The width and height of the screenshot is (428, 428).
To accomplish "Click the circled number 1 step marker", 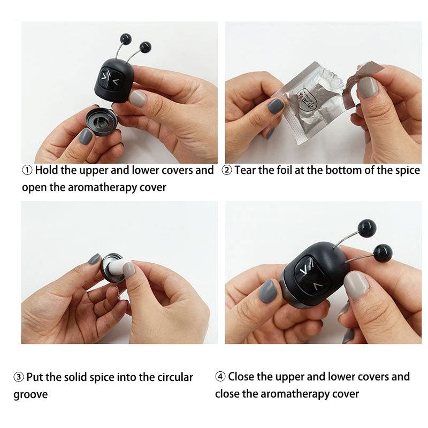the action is pyautogui.click(x=27, y=170).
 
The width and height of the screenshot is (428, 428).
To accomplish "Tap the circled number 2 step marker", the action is pyautogui.click(x=227, y=170).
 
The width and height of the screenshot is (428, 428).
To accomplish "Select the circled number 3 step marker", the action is pyautogui.click(x=19, y=377).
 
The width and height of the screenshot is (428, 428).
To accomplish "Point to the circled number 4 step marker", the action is pyautogui.click(x=220, y=377).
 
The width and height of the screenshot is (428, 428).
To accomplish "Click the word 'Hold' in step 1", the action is pyautogui.click(x=47, y=170).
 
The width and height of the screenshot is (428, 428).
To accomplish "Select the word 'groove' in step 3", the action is pyautogui.click(x=30, y=395).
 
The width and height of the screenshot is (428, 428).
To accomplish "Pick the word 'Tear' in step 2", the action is pyautogui.click(x=245, y=170).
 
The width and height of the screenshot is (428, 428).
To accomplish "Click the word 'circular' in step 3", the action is pyautogui.click(x=175, y=377).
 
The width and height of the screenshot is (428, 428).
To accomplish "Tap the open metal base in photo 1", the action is pyautogui.click(x=102, y=122).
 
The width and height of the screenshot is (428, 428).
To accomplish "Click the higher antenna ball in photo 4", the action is pyautogui.click(x=367, y=228).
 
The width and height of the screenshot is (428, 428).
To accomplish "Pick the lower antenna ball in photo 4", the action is pyautogui.click(x=383, y=254).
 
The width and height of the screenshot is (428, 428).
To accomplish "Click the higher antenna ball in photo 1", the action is pyautogui.click(x=126, y=39).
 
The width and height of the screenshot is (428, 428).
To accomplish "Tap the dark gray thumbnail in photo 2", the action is pyautogui.click(x=276, y=105).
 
